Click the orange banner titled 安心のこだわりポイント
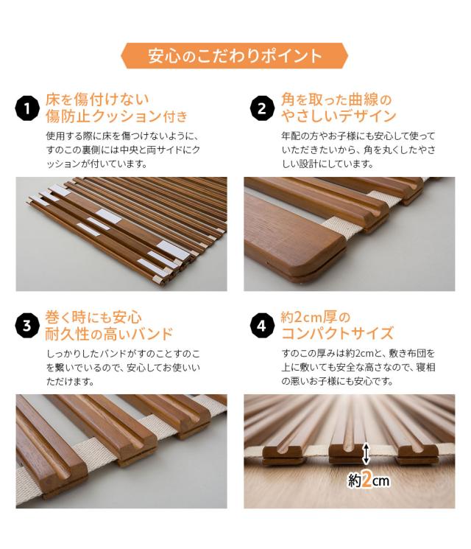click(x=234, y=56)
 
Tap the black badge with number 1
click(x=27, y=108)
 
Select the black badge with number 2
click(x=262, y=108)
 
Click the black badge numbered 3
click(x=27, y=326)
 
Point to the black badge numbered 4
click(x=262, y=326)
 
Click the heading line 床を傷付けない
click(x=97, y=99)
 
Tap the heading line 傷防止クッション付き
click(x=116, y=116)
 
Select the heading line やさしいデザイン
click(x=339, y=116)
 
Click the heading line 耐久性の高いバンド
click(x=109, y=334)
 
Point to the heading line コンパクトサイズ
click(x=338, y=334)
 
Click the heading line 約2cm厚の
click(x=316, y=317)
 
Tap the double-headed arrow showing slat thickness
click(x=366, y=453)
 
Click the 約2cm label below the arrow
click(x=368, y=480)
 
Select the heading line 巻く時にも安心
click(x=93, y=317)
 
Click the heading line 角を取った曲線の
click(x=336, y=99)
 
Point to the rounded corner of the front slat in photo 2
click(x=336, y=248)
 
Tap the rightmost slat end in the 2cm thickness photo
click(x=417, y=455)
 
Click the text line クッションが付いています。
click(x=96, y=164)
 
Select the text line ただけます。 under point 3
click(x=71, y=381)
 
